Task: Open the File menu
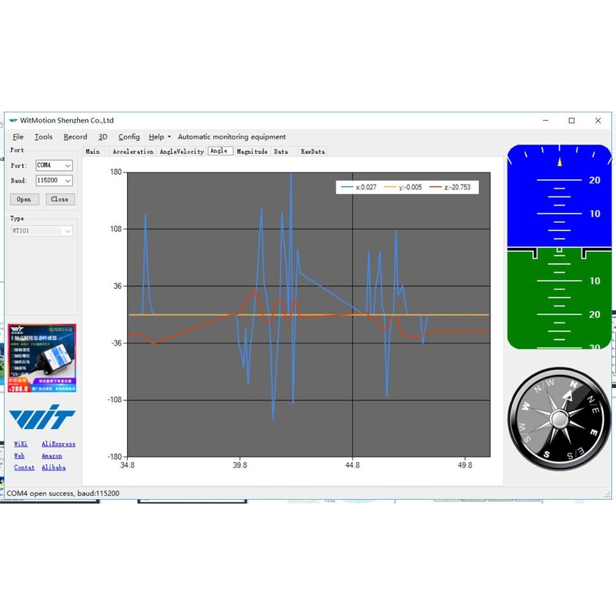pyautogui.click(x=18, y=137)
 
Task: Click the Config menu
pyautogui.click(x=129, y=137)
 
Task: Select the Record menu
pyautogui.click(x=75, y=137)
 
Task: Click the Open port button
pyautogui.click(x=24, y=199)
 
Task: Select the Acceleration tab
pyautogui.click(x=133, y=152)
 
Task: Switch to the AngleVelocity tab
pyautogui.click(x=182, y=152)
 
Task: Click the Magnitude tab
pyautogui.click(x=252, y=152)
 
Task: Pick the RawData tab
pyautogui.click(x=313, y=152)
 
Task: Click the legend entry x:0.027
pyautogui.click(x=359, y=187)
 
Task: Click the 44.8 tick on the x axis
pyautogui.click(x=352, y=465)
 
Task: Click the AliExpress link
pyautogui.click(x=59, y=444)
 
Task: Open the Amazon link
pyautogui.click(x=52, y=456)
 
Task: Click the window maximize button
pyautogui.click(x=571, y=120)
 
